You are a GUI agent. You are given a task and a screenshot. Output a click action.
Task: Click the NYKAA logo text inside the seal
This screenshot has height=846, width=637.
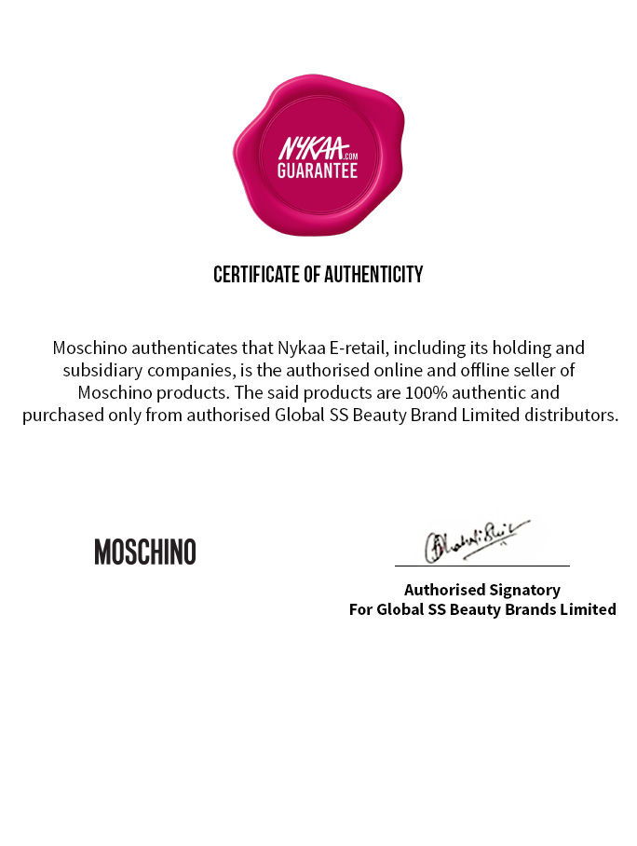coord(311,149)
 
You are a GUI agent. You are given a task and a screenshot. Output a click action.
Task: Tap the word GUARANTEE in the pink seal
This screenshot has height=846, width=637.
coord(318,171)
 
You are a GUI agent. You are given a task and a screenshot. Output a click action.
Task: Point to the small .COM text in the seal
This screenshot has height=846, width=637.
coord(349,157)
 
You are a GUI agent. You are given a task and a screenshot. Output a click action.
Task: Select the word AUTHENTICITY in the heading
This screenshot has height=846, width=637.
coord(377,275)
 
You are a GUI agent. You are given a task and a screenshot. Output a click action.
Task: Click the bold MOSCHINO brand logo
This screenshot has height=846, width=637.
coord(145,553)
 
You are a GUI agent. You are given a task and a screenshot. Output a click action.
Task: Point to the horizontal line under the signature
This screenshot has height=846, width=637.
coord(481,566)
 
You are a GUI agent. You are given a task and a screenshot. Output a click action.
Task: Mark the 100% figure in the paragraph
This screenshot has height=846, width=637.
coord(412,392)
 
